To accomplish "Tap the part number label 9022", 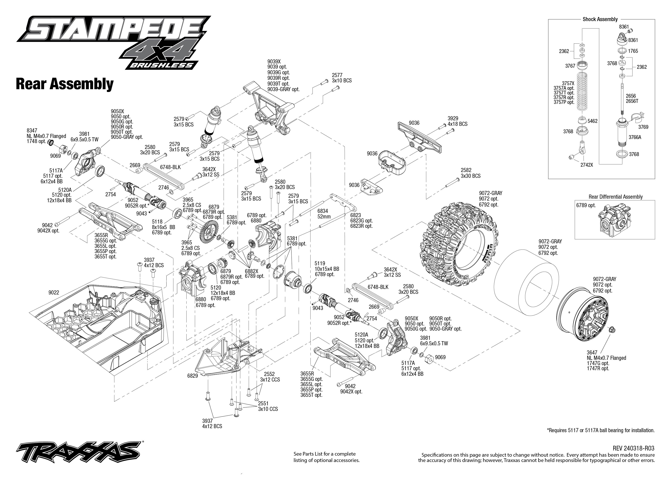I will (54, 293).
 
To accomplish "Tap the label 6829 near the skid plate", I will (192, 376).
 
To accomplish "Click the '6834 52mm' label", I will (324, 214).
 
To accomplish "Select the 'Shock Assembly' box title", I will (600, 19).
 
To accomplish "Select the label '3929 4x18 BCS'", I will (457, 121).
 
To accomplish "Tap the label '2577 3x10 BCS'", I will (341, 78).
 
